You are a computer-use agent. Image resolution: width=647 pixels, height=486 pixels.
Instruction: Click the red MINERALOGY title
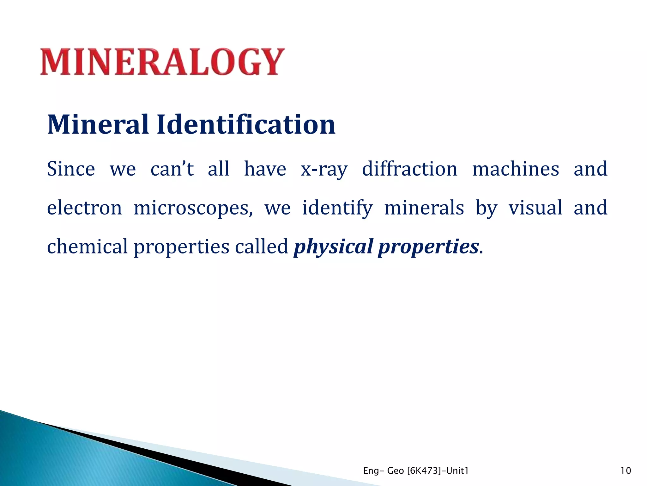coord(162,62)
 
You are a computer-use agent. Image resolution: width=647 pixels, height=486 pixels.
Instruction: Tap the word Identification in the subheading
coord(246,125)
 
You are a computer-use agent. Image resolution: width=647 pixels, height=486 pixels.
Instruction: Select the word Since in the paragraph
coord(71,169)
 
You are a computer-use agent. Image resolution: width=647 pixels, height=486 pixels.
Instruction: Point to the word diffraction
coord(409,169)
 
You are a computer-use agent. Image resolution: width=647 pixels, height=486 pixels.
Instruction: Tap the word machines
coord(515,169)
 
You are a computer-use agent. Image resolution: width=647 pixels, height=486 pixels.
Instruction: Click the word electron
coord(84,208)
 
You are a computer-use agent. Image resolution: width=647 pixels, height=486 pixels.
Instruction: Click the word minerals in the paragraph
coord(424,208)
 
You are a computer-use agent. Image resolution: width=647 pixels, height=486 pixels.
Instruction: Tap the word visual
coord(535,208)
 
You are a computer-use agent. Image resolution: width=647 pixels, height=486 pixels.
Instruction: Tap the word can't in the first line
coord(172,169)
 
